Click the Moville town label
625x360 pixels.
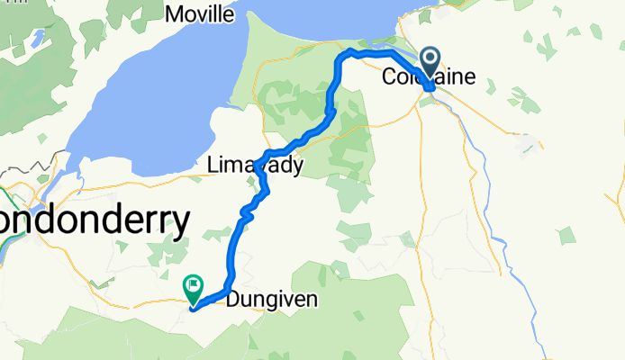point(202,14)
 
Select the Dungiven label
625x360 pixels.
point(272,300)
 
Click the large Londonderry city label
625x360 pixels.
point(95,220)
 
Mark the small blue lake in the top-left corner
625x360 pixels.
point(40,39)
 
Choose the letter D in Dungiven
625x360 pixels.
point(232,300)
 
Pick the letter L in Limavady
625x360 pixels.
point(212,166)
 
